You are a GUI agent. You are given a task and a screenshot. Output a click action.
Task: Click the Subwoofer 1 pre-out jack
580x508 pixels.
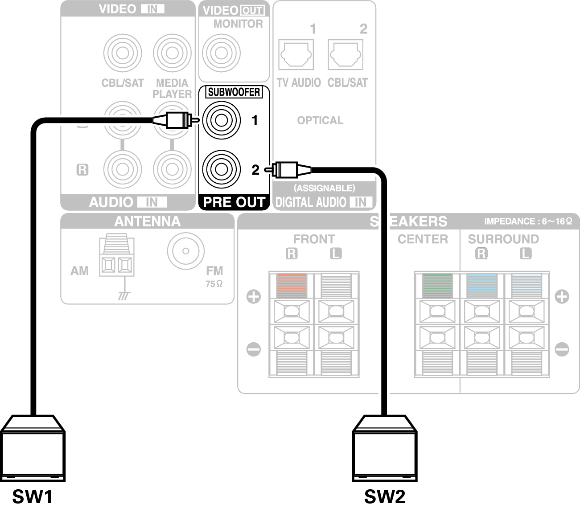[221, 119]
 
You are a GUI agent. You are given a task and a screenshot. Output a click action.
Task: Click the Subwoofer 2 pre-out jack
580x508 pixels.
[221, 169]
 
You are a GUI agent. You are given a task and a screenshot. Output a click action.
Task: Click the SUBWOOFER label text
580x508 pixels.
[234, 92]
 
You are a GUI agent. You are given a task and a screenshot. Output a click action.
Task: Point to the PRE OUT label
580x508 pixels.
[234, 202]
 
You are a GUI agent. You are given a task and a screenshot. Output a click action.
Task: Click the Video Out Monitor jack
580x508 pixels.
[221, 53]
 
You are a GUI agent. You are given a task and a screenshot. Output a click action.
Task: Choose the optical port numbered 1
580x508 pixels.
[296, 55]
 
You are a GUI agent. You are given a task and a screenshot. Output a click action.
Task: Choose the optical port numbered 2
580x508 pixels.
[346, 55]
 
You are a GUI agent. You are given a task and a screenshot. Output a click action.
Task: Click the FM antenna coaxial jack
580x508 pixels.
[186, 251]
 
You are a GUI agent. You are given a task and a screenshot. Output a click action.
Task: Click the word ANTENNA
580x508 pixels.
[147, 221]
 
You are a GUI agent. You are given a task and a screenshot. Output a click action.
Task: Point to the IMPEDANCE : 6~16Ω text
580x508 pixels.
[528, 221]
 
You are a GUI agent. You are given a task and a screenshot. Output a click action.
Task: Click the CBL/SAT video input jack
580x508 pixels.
[123, 53]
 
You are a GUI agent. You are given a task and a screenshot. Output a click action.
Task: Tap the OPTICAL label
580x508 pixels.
[320, 120]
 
